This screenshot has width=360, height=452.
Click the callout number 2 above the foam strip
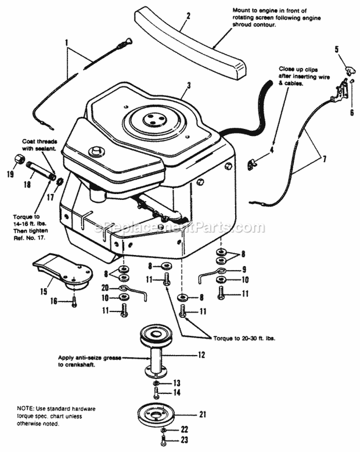point(188,16)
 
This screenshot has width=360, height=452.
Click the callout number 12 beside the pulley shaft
point(201,355)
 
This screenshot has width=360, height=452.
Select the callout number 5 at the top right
point(336,49)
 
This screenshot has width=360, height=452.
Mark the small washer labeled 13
point(156,383)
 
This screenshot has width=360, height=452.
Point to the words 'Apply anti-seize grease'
point(89,357)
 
